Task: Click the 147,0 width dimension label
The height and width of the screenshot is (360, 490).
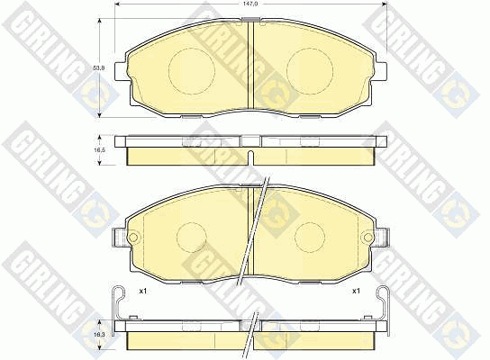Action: [x=251, y=4]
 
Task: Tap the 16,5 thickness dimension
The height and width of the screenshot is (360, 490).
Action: [x=100, y=150]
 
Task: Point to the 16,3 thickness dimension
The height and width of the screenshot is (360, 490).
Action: [x=100, y=334]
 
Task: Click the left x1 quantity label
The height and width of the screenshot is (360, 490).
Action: [x=143, y=291]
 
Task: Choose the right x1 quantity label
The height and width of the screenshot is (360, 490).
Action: [x=357, y=291]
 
